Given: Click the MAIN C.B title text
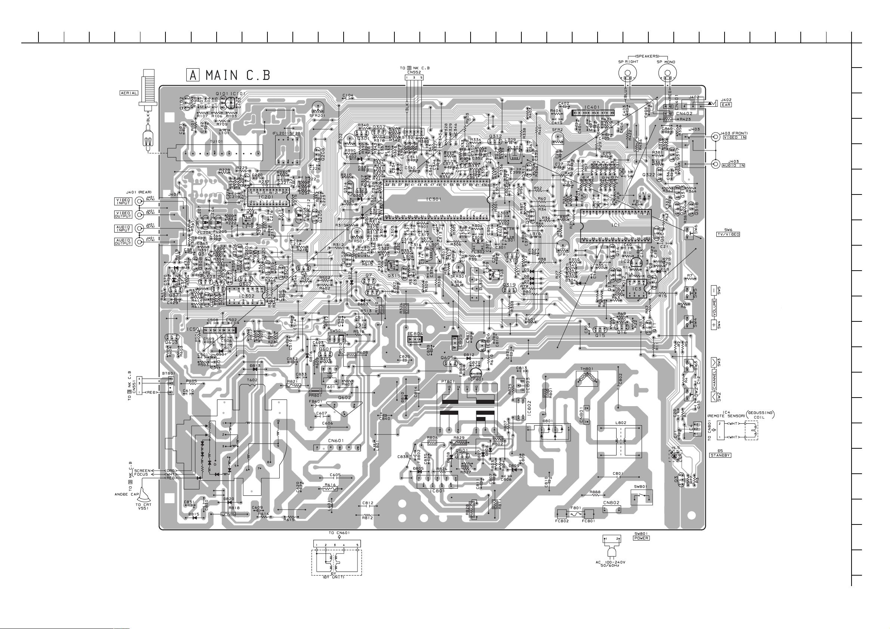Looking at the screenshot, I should tap(238, 75).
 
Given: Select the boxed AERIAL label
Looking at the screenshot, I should tap(129, 93).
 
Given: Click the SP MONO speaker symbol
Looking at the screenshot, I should tap(667, 72).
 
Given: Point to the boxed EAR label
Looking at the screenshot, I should tap(726, 105).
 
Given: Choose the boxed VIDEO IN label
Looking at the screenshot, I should tap(734, 138).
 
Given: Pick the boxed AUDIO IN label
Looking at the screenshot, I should tap(733, 166).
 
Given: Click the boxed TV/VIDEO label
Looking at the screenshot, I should tap(728, 234).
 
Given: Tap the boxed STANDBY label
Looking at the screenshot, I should tap(720, 455).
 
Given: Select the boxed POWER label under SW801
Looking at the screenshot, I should tap(642, 538).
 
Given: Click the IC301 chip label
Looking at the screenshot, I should tap(434, 200).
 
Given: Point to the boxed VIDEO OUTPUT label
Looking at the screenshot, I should tap(123, 214).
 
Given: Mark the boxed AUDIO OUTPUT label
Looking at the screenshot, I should tap(123, 242).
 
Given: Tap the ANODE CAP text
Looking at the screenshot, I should tap(126, 495).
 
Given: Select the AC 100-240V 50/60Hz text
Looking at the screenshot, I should tap(610, 564).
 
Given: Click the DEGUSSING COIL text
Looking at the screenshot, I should tap(760, 415).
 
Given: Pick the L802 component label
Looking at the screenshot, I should tap(621, 423).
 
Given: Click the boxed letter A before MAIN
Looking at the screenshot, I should tap(193, 75).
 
